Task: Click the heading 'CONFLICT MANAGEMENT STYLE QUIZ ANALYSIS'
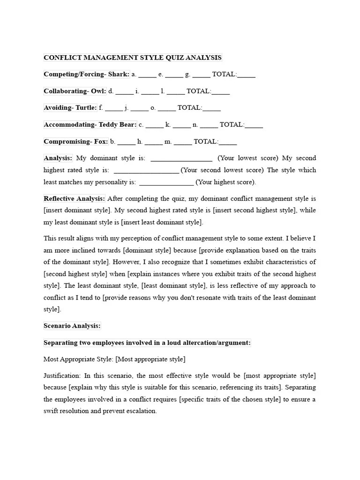133,58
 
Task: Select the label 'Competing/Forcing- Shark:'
86,74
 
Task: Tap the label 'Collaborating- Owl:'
75,91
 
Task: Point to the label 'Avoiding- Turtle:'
70,108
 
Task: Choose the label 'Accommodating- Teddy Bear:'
90,125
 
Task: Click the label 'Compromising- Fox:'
76,142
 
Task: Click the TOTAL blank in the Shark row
247,75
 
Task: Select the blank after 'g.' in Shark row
201,75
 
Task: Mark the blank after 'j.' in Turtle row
139,109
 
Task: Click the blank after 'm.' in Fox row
183,142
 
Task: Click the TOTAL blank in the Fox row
228,142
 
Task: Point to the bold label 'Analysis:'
58,158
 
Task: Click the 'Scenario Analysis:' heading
72,326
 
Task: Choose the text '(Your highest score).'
226,182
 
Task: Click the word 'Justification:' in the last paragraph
62,376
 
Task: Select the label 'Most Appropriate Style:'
78,359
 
